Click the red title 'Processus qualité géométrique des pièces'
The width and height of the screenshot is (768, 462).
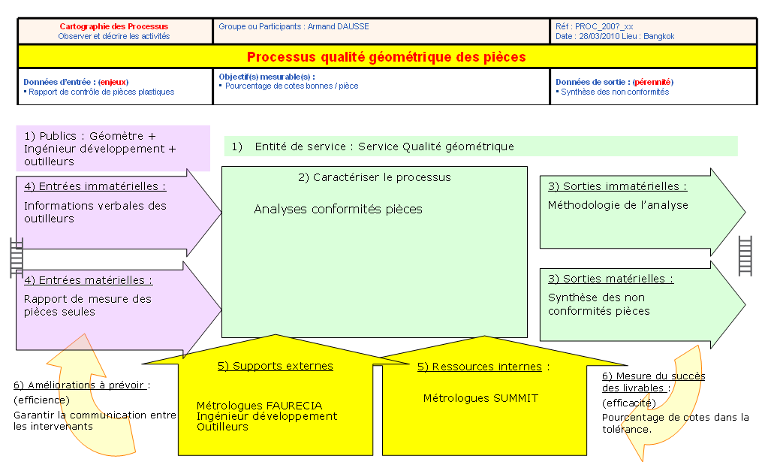pos(386,57)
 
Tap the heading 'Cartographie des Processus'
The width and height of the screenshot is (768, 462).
pos(113,26)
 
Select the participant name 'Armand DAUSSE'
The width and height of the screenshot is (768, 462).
pos(338,26)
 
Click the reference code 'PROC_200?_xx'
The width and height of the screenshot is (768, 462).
pos(604,26)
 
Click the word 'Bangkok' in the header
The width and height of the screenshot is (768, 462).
pos(659,36)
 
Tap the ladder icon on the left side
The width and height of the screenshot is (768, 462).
pos(17,258)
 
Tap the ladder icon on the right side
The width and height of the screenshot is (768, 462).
pos(745,255)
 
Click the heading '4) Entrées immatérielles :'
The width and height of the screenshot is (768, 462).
pos(95,186)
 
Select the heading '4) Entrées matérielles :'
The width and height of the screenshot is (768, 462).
pos(88,279)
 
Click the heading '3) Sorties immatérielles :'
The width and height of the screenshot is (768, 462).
pos(618,186)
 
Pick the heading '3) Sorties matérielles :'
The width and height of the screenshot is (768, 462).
pos(611,279)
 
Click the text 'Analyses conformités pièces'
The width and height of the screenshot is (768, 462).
pos(338,209)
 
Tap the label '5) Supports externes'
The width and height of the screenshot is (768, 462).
pos(276,366)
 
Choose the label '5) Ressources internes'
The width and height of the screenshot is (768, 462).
pos(480,367)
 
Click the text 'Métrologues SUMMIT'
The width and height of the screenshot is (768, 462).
pos(480,398)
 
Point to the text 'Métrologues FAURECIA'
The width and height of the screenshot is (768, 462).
pos(260,406)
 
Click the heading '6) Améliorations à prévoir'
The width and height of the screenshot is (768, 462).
pos(80,385)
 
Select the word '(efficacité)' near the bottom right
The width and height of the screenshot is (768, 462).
pos(629,403)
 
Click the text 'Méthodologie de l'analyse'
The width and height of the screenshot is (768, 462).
pos(618,205)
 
